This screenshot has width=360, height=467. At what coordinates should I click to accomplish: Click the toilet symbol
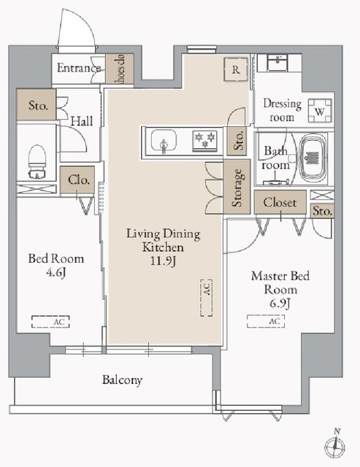pyautogui.click(x=37, y=161)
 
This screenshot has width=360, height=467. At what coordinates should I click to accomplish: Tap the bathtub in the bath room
pyautogui.click(x=313, y=158)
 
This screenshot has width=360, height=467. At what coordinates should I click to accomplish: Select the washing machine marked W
pyautogui.click(x=320, y=111)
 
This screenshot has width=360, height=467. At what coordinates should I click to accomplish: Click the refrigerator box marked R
pyautogui.click(x=236, y=69)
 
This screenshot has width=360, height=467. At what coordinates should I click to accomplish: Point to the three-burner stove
pyautogui.click(x=205, y=141)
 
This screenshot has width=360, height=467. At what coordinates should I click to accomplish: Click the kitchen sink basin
pyautogui.click(x=164, y=141)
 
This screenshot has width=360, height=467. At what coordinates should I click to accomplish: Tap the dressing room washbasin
pyautogui.click(x=277, y=63)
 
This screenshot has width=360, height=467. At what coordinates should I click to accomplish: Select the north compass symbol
pyautogui.click(x=335, y=444)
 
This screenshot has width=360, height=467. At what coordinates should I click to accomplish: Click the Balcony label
pyautogui.click(x=122, y=380)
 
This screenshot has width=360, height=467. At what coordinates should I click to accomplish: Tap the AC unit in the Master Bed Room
pyautogui.click(x=266, y=321)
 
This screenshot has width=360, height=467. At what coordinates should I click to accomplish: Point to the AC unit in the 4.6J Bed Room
pyautogui.click(x=50, y=322)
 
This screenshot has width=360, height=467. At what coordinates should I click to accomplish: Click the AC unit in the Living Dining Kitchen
pyautogui.click(x=207, y=298)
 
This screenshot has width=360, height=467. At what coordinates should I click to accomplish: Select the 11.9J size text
pyautogui.click(x=163, y=261)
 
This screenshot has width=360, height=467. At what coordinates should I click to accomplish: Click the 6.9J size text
pyautogui.click(x=280, y=304)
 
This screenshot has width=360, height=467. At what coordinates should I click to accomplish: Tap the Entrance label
pyautogui.click(x=79, y=68)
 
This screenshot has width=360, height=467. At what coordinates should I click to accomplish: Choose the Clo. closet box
pyautogui.click(x=77, y=180)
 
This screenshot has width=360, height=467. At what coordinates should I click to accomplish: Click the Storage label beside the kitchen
pyautogui.click(x=237, y=188)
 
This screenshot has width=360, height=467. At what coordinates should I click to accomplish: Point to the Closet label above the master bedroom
pyautogui.click(x=280, y=203)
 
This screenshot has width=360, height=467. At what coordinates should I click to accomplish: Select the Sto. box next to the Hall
pyautogui.click(x=37, y=104)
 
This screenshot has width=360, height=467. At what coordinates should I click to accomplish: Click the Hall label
pyautogui.click(x=82, y=121)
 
